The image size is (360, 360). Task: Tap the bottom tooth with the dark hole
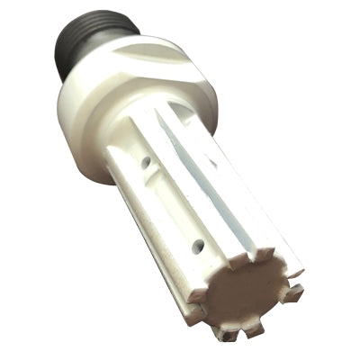tap(228, 334)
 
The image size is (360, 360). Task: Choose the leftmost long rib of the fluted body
tap(126, 207)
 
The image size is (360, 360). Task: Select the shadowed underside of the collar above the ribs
tap(135, 135)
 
